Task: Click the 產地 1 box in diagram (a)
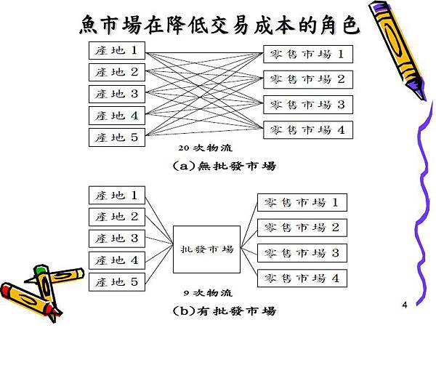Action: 117,50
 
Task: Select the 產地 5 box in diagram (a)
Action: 117,137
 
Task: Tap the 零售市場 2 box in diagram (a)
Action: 308,79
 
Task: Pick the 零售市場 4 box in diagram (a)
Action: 308,130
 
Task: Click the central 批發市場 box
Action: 206,249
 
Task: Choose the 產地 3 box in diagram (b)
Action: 117,238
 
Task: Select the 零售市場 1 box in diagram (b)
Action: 302,202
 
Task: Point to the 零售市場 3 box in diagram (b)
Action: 302,253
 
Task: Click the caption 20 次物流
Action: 205,148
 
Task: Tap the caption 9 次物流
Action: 208,292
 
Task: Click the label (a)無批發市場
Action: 224,166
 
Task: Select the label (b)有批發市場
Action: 224,310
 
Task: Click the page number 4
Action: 405,305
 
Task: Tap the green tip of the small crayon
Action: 40,269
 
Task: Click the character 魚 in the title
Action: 89,25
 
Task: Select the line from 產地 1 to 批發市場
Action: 159,220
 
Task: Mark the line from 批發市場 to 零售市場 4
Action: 249,262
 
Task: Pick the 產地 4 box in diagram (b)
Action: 117,260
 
